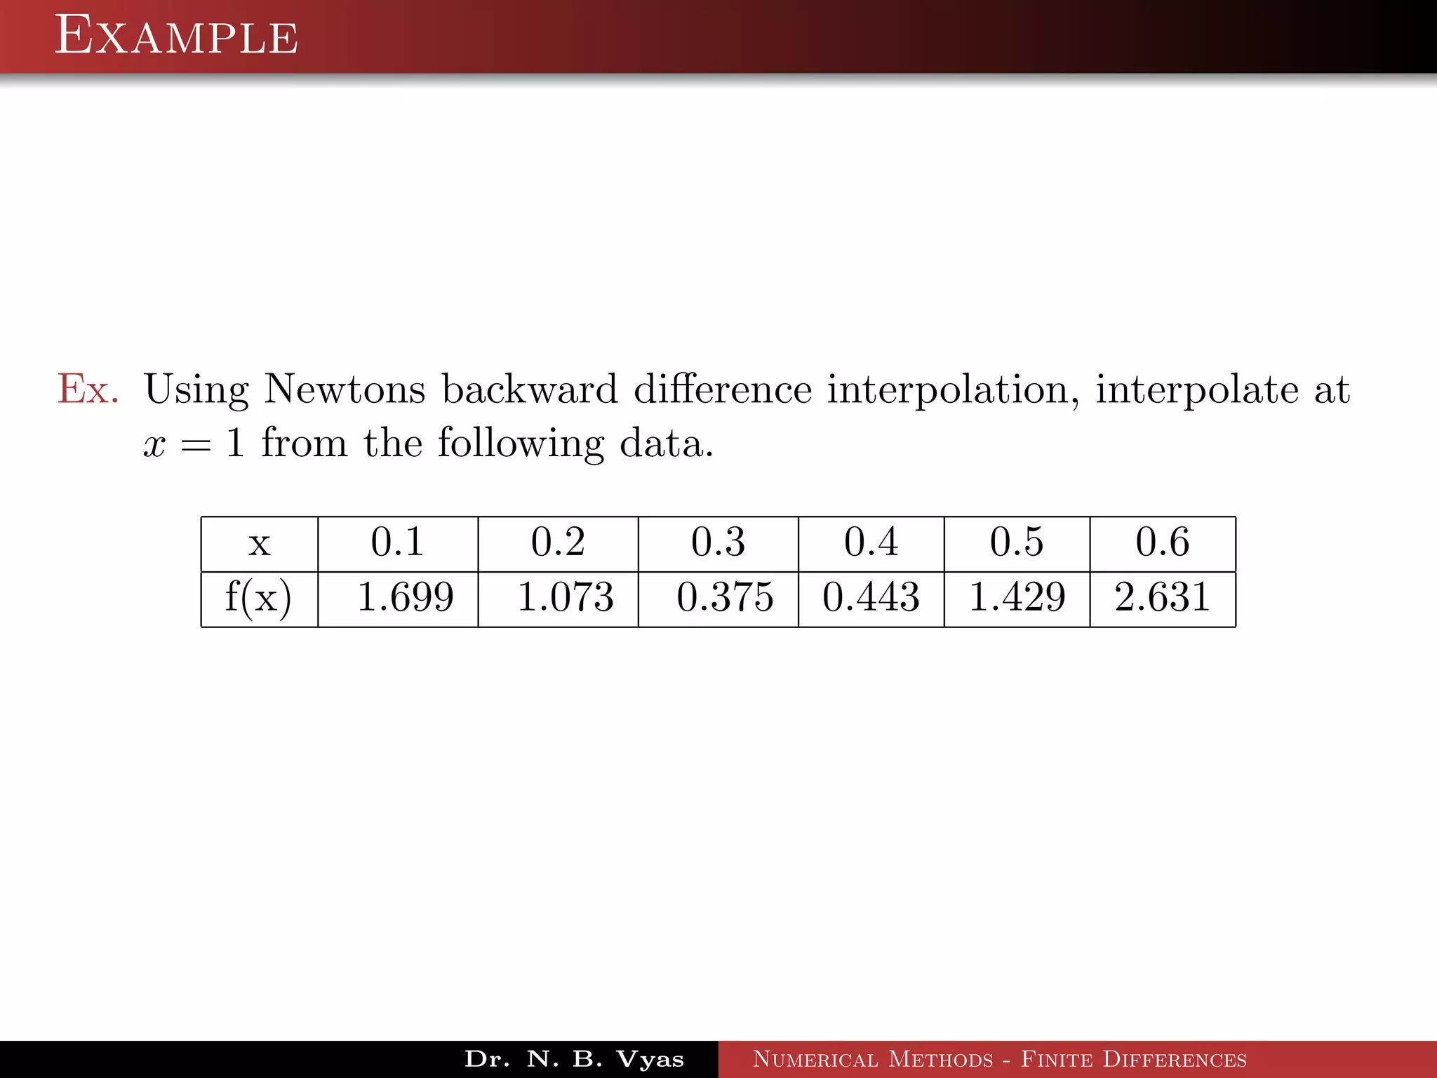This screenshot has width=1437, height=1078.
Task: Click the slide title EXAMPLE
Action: click(x=176, y=36)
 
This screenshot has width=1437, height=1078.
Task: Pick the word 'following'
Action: click(x=521, y=444)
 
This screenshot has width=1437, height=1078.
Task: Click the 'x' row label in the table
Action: click(x=260, y=544)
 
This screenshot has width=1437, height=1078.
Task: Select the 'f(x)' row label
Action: click(x=258, y=598)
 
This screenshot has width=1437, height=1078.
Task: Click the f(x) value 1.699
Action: click(x=406, y=597)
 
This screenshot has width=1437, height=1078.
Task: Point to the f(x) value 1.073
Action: click(x=566, y=597)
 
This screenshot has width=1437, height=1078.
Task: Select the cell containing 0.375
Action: click(x=725, y=597)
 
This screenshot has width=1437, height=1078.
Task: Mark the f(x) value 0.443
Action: click(x=871, y=597)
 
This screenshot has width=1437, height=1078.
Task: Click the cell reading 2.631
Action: click(x=1162, y=597)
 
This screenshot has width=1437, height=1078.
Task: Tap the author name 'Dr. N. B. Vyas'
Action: click(x=574, y=1059)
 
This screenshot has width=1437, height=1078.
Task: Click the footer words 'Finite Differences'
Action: click(x=1133, y=1059)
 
